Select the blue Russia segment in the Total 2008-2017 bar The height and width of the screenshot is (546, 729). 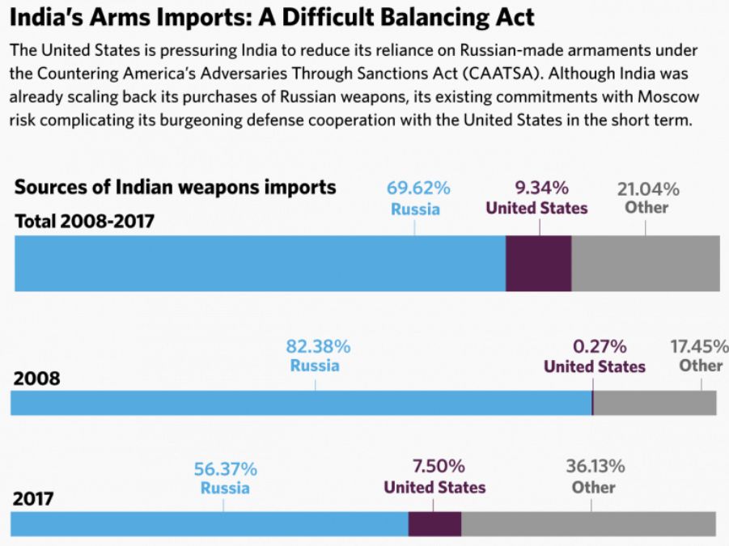(x=260, y=264)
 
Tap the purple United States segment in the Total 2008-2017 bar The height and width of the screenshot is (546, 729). (x=538, y=264)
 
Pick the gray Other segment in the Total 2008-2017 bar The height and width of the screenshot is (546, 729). (x=645, y=264)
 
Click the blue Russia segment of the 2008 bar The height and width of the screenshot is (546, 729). (x=300, y=403)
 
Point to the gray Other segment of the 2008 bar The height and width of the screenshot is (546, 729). (x=655, y=403)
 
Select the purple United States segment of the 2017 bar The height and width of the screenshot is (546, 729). (x=434, y=523)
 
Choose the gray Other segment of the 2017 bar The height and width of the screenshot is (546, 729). (x=588, y=523)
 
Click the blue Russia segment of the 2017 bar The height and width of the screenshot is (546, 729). (x=209, y=523)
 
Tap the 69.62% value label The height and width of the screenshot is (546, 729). (x=417, y=189)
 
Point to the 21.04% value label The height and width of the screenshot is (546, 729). (x=648, y=189)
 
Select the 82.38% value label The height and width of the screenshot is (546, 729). (x=318, y=347)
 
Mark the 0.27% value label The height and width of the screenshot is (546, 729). (x=600, y=347)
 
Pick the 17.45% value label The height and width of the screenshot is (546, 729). (x=699, y=347)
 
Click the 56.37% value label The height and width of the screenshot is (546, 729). (x=225, y=469)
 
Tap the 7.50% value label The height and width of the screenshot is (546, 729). (x=439, y=467)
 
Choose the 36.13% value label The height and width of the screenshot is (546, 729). (x=595, y=467)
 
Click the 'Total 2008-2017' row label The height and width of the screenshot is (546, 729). (x=85, y=220)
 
